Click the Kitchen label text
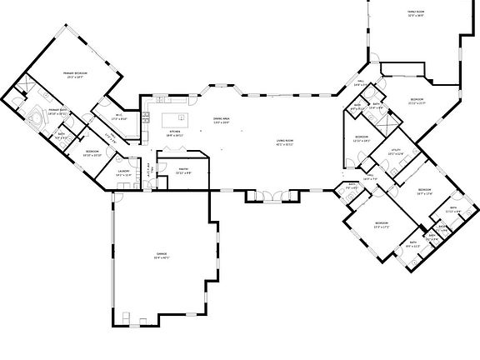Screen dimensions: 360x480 click(175, 131)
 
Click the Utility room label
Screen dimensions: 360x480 click(397, 150)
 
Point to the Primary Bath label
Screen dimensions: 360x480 click(57, 109)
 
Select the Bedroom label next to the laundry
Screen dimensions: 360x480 click(92, 151)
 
